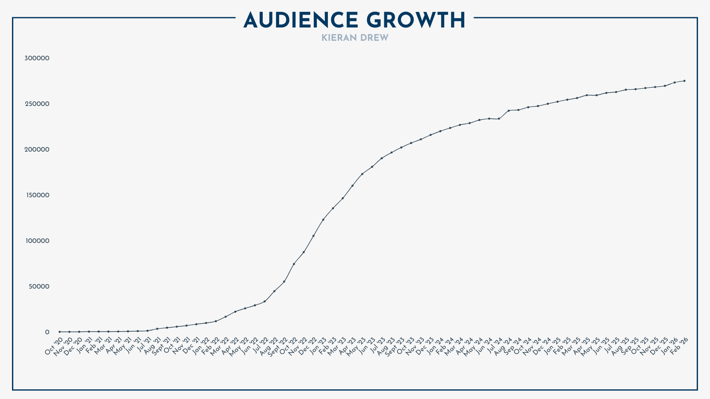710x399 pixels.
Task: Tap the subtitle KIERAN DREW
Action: click(x=355, y=38)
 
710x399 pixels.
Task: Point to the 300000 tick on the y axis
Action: click(x=37, y=58)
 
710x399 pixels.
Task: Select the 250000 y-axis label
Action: click(x=37, y=104)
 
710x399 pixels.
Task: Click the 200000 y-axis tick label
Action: click(x=37, y=149)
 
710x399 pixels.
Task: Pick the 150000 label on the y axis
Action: click(x=37, y=195)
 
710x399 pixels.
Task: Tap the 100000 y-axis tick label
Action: click(x=37, y=241)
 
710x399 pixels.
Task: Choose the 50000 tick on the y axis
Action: click(x=39, y=286)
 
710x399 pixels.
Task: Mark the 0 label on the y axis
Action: click(x=47, y=332)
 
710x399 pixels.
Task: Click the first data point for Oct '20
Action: click(x=59, y=332)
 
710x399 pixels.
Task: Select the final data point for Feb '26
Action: click(x=684, y=81)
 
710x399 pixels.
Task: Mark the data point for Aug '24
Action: click(x=509, y=110)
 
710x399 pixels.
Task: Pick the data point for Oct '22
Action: click(x=294, y=264)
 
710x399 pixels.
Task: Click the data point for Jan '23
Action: click(x=323, y=219)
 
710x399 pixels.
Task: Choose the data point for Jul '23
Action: click(x=382, y=158)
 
